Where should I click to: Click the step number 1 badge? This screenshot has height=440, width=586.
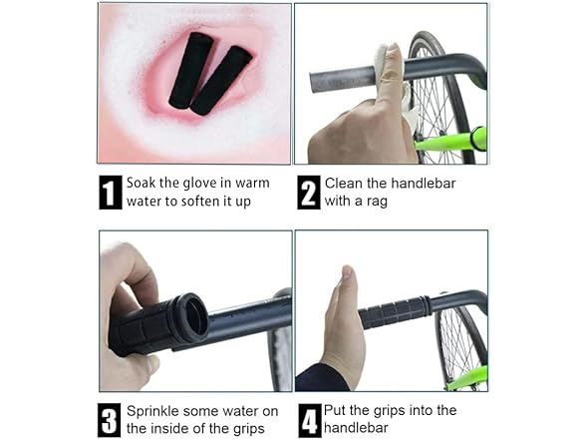[x=110, y=192]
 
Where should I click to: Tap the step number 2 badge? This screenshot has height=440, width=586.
[x=309, y=192]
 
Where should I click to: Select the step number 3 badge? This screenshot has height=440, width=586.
[x=110, y=419]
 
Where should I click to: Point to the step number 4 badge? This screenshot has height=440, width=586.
[x=309, y=419]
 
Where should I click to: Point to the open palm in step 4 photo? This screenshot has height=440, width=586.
[x=345, y=324]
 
